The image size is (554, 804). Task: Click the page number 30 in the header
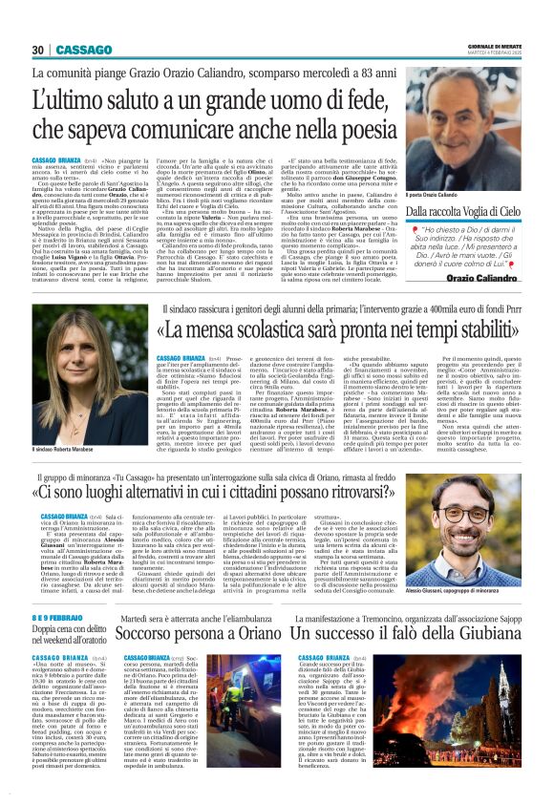coord(37,49)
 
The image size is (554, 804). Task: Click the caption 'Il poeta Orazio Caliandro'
coord(438,194)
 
